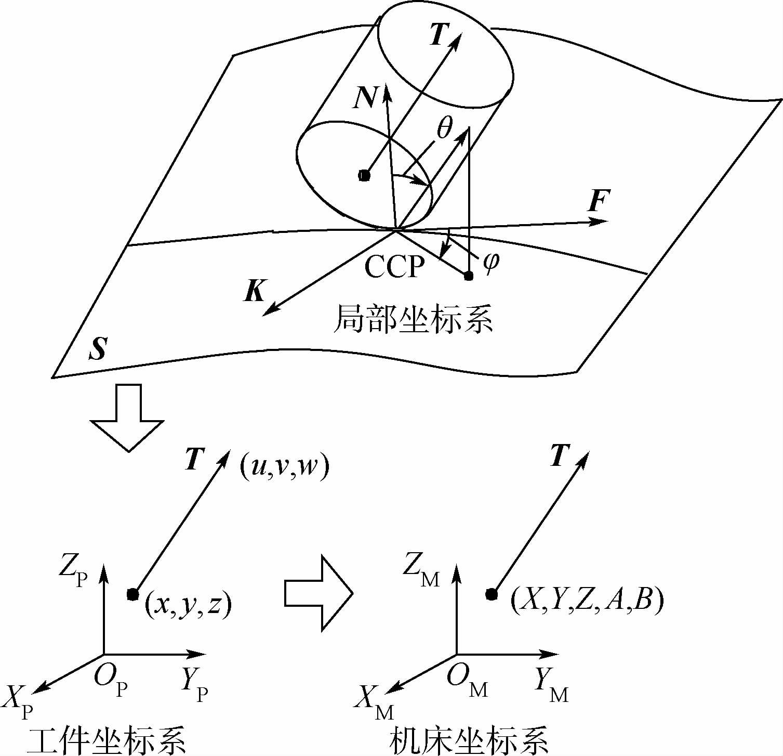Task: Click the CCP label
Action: [x=394, y=267]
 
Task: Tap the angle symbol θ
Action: [x=444, y=127]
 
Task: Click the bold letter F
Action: [x=599, y=201]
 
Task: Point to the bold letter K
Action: [x=255, y=292]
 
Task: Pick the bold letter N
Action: [x=364, y=97]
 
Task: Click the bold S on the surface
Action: [x=97, y=349]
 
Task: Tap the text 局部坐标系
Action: [x=414, y=318]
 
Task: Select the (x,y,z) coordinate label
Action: [x=188, y=605]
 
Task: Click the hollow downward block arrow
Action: [x=128, y=416]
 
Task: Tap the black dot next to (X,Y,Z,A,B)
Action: [x=491, y=594]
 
